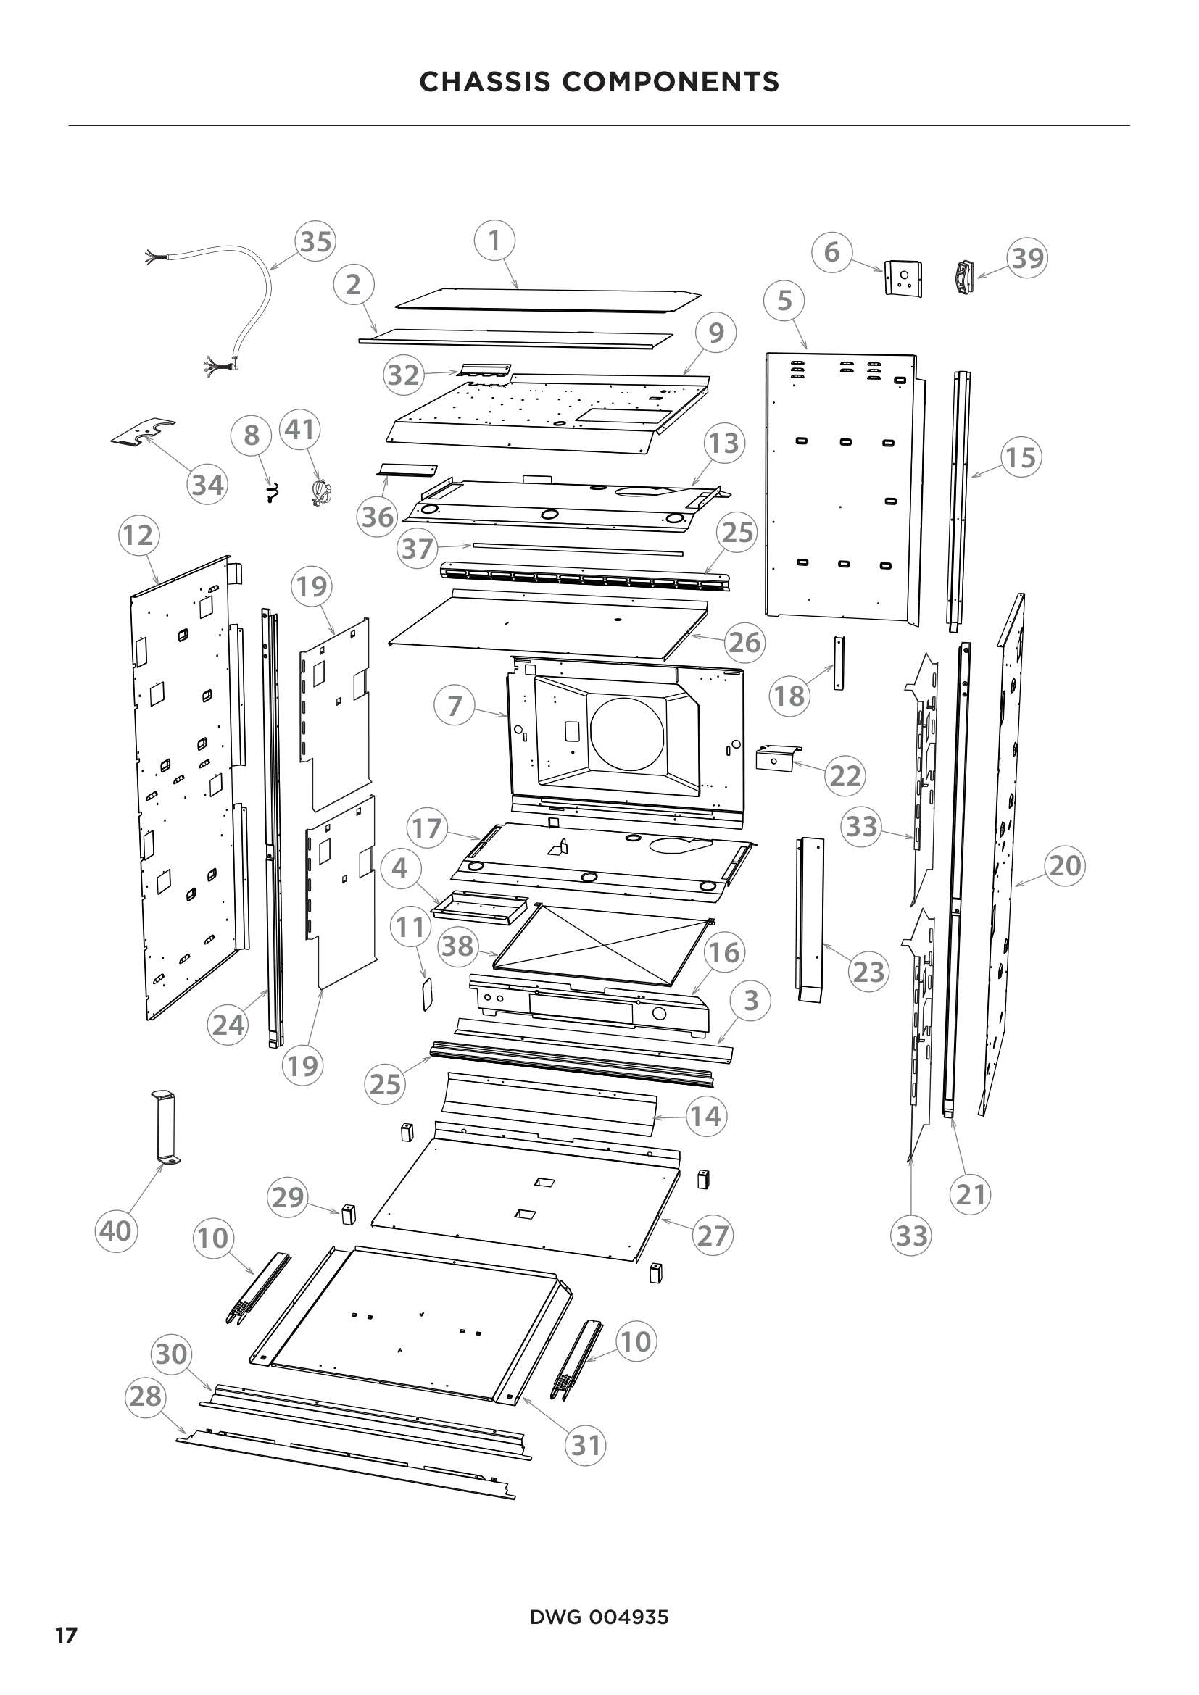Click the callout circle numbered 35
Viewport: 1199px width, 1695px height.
pyautogui.click(x=316, y=241)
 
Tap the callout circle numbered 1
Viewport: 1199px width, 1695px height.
pyautogui.click(x=494, y=240)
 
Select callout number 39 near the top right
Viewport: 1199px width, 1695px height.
pyautogui.click(x=1028, y=259)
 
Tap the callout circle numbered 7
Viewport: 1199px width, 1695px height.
pyautogui.click(x=455, y=705)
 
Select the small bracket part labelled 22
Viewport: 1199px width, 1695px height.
pyautogui.click(x=774, y=758)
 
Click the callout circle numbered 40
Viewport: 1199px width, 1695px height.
pyautogui.click(x=116, y=1230)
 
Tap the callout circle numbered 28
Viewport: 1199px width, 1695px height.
pyautogui.click(x=146, y=1396)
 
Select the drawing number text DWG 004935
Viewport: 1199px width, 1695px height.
pyautogui.click(x=599, y=1618)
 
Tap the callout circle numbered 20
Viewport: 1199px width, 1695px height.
pyautogui.click(x=1065, y=865)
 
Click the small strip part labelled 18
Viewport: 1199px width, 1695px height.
pyautogui.click(x=838, y=662)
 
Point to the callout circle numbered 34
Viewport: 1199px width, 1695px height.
pyautogui.click(x=208, y=485)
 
